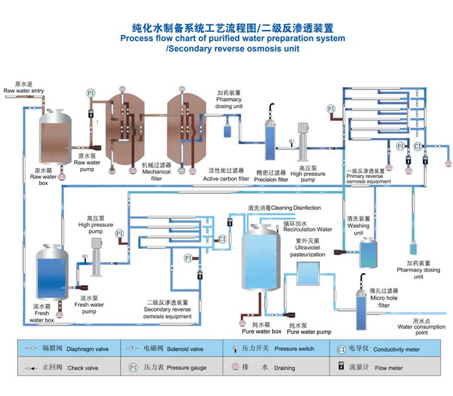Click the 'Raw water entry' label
click(24, 91)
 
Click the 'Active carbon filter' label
click(226, 179)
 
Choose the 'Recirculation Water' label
click(307, 230)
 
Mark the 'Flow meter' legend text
click(388, 368)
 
